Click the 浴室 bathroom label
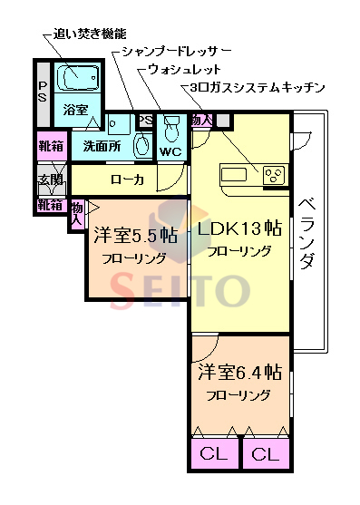click(76, 111)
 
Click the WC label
click(170, 151)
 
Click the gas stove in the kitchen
click(274, 175)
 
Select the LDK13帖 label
click(240, 228)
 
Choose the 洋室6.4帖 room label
click(239, 373)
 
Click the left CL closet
click(214, 452)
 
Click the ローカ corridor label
click(127, 180)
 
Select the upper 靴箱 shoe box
click(50, 145)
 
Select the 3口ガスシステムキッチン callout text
click(258, 88)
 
